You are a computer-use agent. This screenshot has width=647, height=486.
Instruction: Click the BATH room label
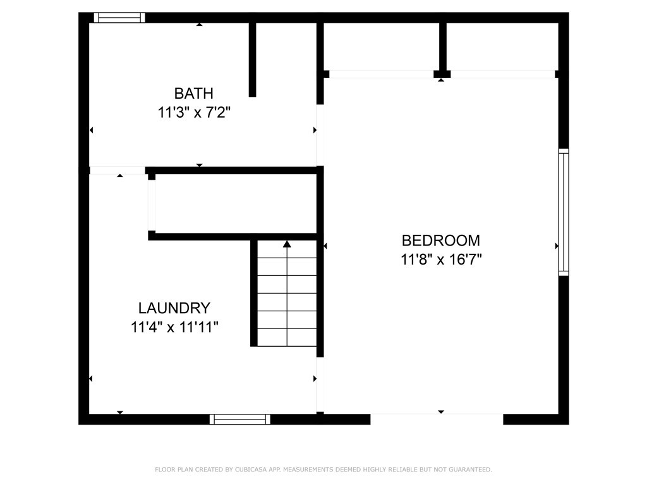[x=194, y=94]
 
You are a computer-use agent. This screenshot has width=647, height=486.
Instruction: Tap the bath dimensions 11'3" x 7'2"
[x=194, y=113]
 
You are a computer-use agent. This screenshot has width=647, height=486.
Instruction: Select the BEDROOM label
[x=441, y=240]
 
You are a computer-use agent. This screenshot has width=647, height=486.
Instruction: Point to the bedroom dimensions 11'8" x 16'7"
[x=441, y=259]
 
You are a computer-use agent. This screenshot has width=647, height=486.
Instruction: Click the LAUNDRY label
[x=174, y=308]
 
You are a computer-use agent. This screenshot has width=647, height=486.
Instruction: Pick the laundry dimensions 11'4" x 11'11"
[x=174, y=327]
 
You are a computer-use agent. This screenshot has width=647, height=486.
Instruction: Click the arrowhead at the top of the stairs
[x=287, y=244]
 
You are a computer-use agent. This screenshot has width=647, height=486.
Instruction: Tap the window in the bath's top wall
[x=119, y=18]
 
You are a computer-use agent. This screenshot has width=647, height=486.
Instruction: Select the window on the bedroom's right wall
[x=563, y=212]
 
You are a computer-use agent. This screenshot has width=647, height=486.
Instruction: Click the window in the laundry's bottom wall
[x=240, y=419]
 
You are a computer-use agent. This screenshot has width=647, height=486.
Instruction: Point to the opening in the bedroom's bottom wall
[x=437, y=419]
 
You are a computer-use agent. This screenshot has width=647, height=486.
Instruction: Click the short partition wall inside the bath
[x=252, y=60]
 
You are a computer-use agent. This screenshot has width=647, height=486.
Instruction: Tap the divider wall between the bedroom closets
[x=443, y=47]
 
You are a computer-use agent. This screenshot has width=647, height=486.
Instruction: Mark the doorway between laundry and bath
[x=118, y=170]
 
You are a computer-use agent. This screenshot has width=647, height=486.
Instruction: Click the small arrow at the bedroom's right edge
[x=557, y=246]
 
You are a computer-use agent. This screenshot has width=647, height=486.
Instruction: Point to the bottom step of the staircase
[x=287, y=337]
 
